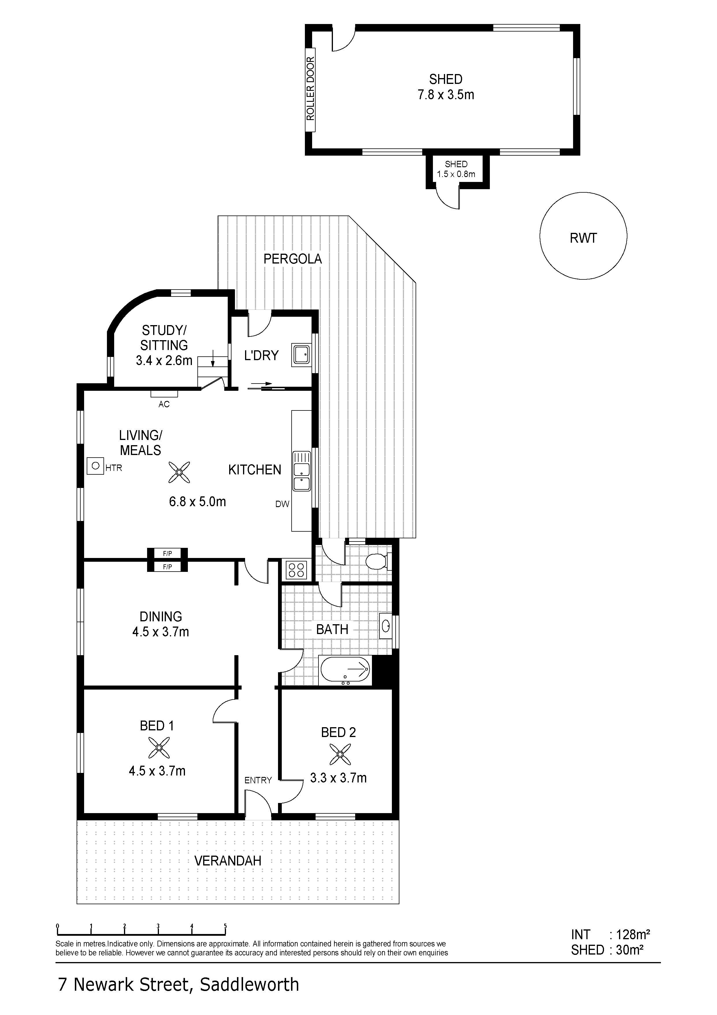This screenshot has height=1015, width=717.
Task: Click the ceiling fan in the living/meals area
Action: [179, 472]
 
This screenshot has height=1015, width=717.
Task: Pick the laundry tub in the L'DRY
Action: [301, 355]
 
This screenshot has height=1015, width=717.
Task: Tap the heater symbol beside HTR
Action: [95, 466]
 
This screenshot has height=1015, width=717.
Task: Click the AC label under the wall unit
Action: [164, 404]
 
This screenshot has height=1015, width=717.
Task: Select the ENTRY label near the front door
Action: [258, 780]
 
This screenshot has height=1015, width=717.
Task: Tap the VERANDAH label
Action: [228, 861]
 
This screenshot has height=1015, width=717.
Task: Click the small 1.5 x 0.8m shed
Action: [457, 171]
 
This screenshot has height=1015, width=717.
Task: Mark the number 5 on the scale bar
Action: [225, 926]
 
